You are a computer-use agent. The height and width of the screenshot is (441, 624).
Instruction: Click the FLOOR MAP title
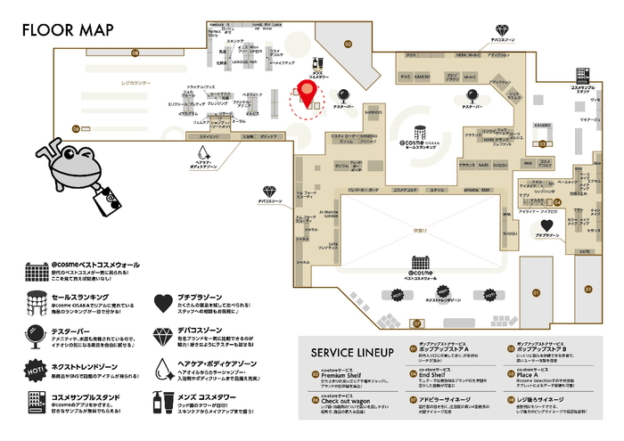pos(62,29)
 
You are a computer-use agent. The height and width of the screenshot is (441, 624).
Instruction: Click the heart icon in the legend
pos(162,303)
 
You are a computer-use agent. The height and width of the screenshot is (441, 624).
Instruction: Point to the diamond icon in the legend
pos(162,335)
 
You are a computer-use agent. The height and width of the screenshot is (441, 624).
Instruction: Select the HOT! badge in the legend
pos(36,367)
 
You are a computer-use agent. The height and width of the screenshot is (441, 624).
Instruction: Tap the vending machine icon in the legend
pos(36,400)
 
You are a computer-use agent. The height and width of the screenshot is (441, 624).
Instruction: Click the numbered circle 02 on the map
pos(348,43)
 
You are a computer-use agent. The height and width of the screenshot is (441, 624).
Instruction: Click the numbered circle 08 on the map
pos(135,53)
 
